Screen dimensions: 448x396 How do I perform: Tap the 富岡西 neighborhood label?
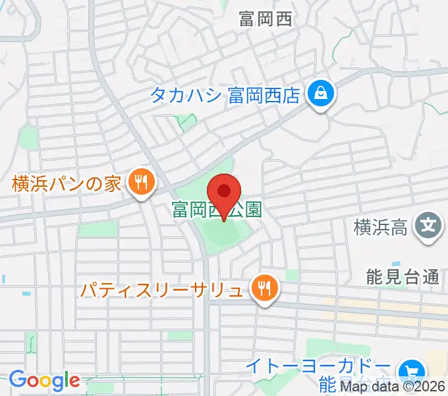(x=266, y=19)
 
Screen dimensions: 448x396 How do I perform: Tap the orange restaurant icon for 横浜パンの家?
(x=140, y=183)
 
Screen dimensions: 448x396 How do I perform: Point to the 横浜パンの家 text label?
(x=67, y=183)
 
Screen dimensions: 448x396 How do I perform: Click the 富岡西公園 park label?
(x=216, y=211)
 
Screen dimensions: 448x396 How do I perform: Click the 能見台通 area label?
(x=403, y=277)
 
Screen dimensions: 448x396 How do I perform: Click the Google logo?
(x=44, y=381)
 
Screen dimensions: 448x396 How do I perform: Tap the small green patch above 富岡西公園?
(x=186, y=120)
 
